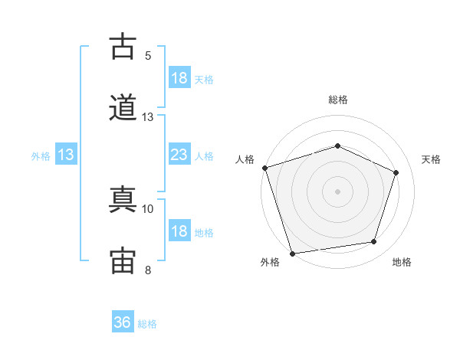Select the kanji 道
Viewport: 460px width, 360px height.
pos(123,107)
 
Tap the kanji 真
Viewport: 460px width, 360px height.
pos(123,199)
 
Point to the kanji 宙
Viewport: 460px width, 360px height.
pos(123,260)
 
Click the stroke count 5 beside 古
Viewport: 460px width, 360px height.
pos(148,56)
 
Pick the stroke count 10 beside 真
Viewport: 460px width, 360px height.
pos(147,209)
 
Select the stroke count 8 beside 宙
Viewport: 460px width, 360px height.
pos(148,270)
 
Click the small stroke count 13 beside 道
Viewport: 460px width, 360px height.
pos(147,117)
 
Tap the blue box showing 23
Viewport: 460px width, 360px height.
pos(179,154)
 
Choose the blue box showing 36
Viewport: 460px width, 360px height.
pos(123,321)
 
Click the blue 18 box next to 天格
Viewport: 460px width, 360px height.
pos(179,77)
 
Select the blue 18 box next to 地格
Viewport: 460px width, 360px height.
pos(179,230)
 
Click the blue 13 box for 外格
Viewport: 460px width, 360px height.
pos(66,154)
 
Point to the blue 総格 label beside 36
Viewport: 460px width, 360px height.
pos(147,324)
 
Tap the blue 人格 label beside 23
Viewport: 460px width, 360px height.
pos(204,156)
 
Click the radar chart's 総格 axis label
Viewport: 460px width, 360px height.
pos(338,100)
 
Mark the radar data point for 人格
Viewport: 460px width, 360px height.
pos(265,168)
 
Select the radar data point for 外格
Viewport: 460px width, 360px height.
pos(292,254)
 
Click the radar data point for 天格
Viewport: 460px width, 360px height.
pos(396,172)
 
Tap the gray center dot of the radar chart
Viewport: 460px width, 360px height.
pos(337,191)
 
